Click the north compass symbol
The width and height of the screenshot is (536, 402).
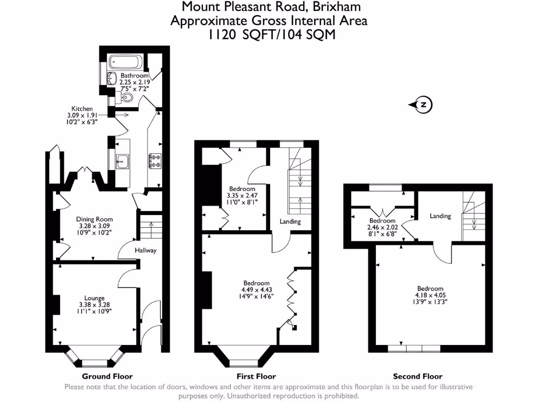423,105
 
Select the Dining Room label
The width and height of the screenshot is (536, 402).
94,219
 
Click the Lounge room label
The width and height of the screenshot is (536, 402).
95,298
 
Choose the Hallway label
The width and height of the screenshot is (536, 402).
145,250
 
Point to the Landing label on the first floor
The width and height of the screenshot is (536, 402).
290,221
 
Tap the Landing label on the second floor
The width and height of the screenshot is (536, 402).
440,216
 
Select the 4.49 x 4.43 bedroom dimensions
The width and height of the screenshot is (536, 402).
256,289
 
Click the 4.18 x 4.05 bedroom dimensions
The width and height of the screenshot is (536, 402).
430,295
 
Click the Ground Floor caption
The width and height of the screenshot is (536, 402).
107,376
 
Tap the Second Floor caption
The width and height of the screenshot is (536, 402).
418,376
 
